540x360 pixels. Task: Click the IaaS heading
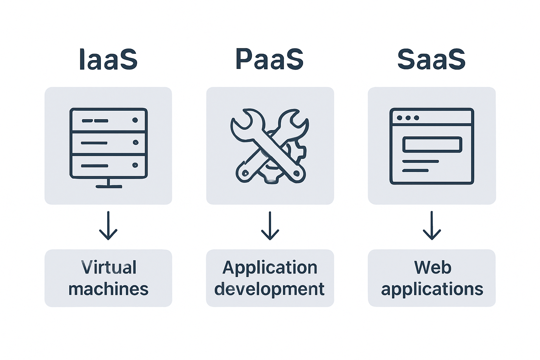[108, 59]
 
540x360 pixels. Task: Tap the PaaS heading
[270, 59]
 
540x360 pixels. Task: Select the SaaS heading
[431, 59]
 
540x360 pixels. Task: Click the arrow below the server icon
[108, 226]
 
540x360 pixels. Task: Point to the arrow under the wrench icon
[270, 226]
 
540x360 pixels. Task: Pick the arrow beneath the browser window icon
[432, 226]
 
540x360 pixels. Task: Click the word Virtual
[109, 268]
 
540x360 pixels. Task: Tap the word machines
[108, 289]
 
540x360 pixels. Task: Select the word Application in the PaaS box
[270, 268]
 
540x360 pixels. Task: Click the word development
[269, 289]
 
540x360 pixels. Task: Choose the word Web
[432, 268]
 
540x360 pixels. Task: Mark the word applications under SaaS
[432, 289]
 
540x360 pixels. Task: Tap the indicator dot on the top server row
[135, 120]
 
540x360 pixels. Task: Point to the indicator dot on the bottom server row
[135, 165]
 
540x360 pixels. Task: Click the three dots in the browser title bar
[408, 118]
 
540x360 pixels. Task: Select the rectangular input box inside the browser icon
[432, 144]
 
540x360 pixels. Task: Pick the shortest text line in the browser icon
[415, 171]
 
